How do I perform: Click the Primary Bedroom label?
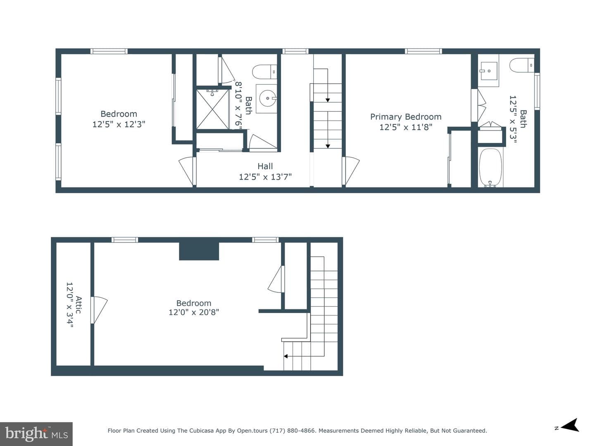tap(405, 117)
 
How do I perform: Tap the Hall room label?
tap(265, 166)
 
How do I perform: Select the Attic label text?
tap(79, 305)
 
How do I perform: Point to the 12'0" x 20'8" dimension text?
tap(194, 312)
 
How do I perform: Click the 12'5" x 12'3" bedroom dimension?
tap(119, 124)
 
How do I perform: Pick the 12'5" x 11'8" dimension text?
tap(405, 127)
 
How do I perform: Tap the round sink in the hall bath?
tap(268, 98)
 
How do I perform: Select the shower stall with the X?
tap(212, 109)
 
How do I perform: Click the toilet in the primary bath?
tap(522, 65)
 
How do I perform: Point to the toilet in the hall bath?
tap(264, 72)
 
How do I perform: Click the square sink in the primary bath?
tap(489, 71)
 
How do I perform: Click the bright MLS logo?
tap(36, 434)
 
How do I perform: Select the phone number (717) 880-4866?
tap(293, 431)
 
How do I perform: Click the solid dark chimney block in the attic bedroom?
tap(199, 251)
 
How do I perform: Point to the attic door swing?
tap(99, 310)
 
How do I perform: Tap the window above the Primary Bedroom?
tap(424, 51)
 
